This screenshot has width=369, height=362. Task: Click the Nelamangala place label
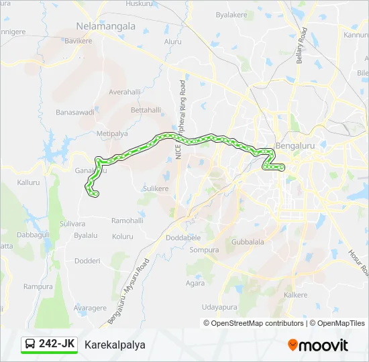[x=107, y=27]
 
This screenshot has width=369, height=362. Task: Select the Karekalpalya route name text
[x=115, y=345]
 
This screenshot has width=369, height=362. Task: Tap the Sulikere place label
[x=156, y=189]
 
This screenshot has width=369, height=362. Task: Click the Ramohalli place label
[x=127, y=221]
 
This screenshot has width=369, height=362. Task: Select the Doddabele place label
[x=183, y=237]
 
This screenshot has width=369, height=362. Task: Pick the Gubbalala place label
[x=248, y=241]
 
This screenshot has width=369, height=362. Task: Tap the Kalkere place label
[x=296, y=295]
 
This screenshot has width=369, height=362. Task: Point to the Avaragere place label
[x=90, y=308]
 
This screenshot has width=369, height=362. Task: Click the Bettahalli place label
[x=146, y=109]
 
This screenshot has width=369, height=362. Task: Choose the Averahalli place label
[x=125, y=91]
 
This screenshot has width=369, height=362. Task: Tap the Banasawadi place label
[x=74, y=112]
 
